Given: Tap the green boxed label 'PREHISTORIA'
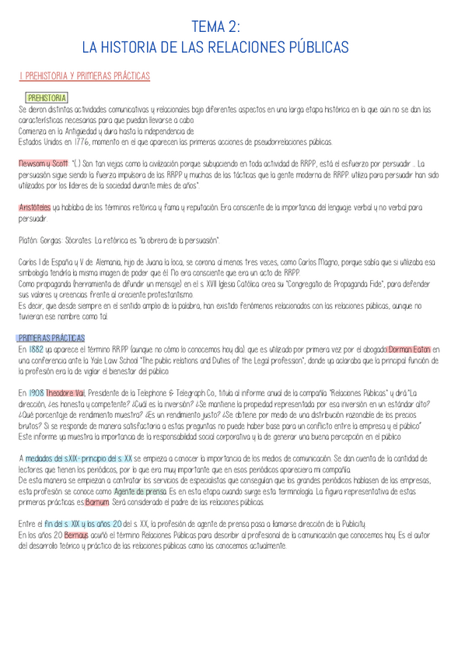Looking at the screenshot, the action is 46,99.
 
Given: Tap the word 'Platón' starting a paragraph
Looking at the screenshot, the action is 28,237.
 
